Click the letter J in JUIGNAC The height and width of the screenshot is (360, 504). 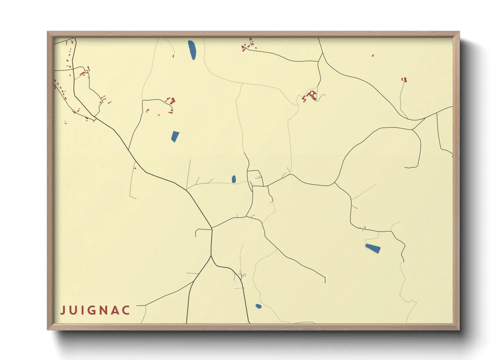pyautogui.click(x=63, y=310)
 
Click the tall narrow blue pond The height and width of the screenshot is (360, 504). pyautogui.click(x=192, y=50)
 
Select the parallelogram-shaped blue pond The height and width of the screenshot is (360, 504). pyautogui.click(x=175, y=136)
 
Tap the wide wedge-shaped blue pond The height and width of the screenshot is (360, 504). pyautogui.click(x=373, y=248)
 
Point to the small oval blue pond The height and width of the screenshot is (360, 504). pyautogui.click(x=258, y=306)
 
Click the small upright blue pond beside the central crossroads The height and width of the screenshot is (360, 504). pyautogui.click(x=234, y=179)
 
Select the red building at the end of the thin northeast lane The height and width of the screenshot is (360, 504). pyautogui.click(x=404, y=80)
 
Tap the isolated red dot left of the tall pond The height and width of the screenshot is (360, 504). pyautogui.click(x=173, y=56)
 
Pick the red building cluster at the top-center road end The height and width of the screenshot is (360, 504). pyautogui.click(x=248, y=45)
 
